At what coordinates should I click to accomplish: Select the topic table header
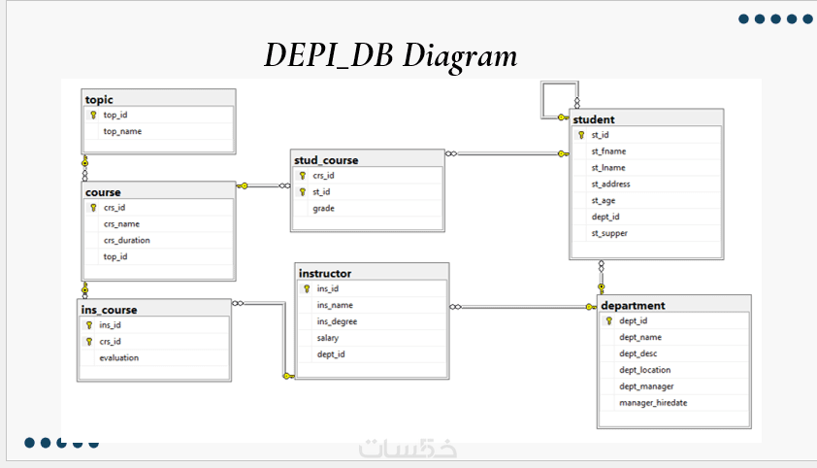(x=100, y=99)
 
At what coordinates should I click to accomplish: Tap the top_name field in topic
(x=123, y=131)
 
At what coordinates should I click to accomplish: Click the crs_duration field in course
(x=127, y=240)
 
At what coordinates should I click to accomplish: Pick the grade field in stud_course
(x=323, y=208)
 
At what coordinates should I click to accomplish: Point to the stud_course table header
(x=327, y=159)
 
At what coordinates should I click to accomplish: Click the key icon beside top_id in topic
(x=93, y=115)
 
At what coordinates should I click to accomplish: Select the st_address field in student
(x=611, y=184)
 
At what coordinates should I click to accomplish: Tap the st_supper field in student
(x=609, y=233)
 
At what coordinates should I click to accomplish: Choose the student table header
(x=593, y=119)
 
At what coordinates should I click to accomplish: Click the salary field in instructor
(x=327, y=338)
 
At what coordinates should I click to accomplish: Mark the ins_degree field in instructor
(x=337, y=321)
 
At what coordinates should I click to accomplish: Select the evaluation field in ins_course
(x=119, y=357)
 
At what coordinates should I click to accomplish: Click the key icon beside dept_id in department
(x=608, y=320)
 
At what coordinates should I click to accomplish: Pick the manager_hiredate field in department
(x=653, y=402)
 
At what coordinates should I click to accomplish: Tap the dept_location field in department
(x=645, y=370)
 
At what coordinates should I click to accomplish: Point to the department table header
(x=633, y=305)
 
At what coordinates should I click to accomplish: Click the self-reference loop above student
(x=559, y=98)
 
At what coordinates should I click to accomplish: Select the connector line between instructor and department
(x=524, y=307)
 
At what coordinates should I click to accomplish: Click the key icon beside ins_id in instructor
(x=306, y=288)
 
